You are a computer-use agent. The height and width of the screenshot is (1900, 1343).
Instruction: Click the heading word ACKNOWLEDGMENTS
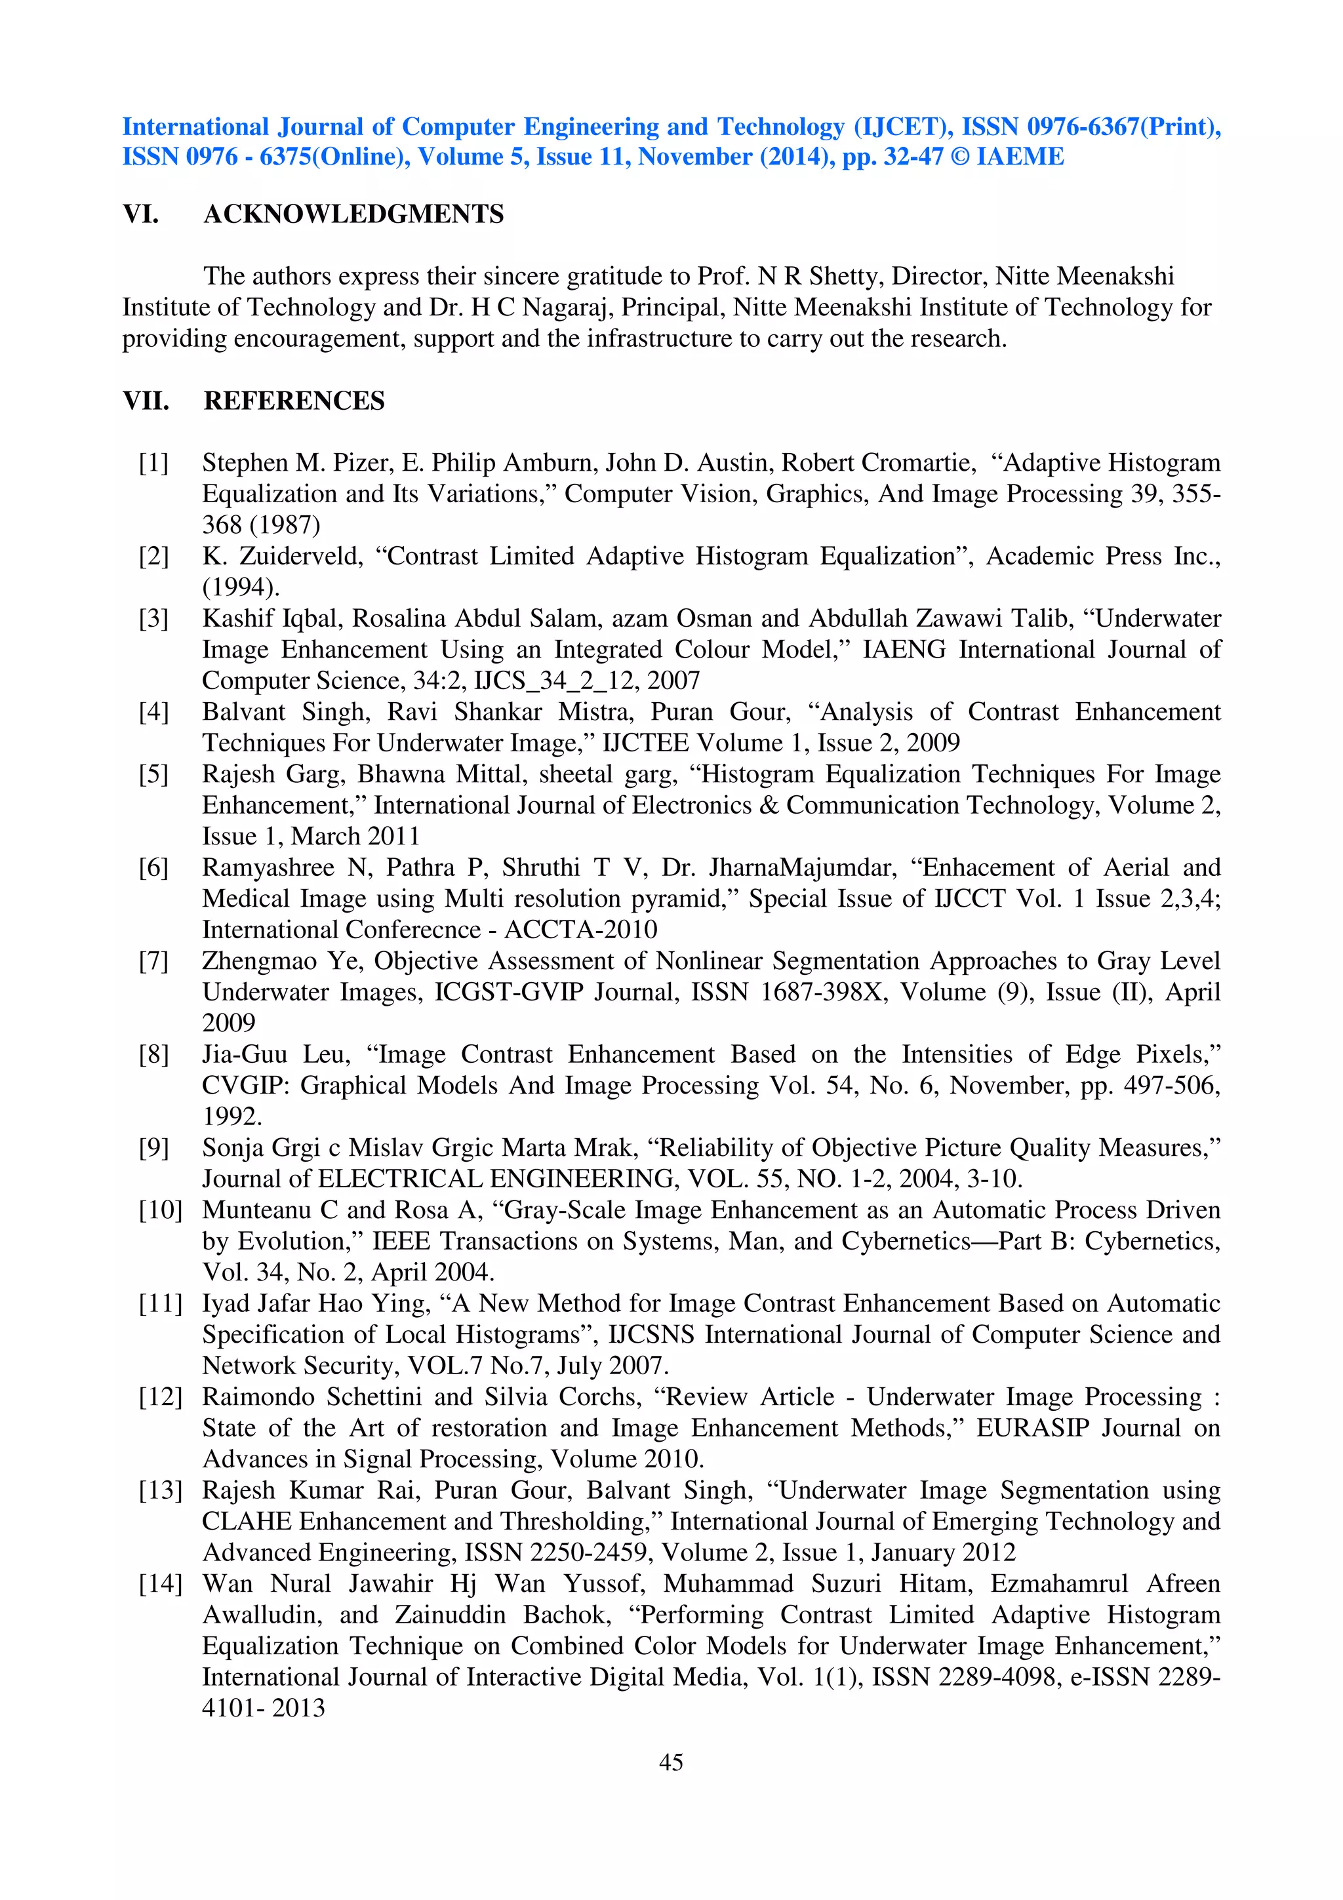click(353, 214)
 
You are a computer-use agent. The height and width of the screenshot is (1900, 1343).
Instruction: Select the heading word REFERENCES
click(294, 401)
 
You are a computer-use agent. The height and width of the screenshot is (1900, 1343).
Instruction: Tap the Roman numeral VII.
click(146, 401)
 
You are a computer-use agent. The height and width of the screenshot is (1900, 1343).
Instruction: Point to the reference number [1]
click(154, 463)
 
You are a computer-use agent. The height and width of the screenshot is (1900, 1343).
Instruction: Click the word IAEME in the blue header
click(1020, 157)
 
